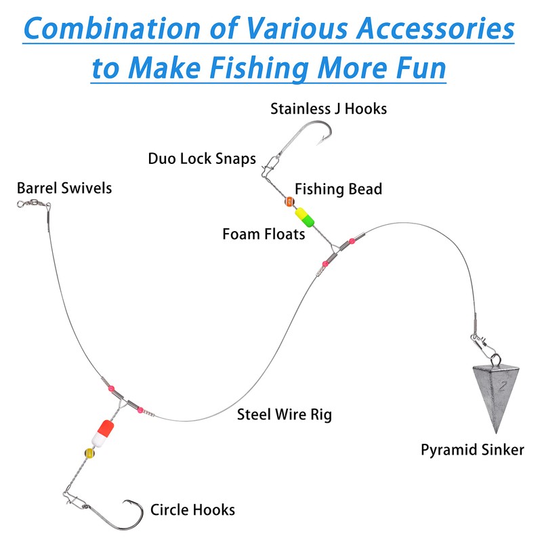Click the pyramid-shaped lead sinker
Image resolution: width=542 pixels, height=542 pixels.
pos(500,396)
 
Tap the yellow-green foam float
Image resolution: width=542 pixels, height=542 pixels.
pos(302,218)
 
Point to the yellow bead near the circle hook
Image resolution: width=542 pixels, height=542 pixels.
pos(89,453)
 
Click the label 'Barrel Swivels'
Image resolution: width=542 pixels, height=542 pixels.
pos(64,188)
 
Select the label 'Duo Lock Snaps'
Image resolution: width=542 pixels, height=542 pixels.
pos(202,159)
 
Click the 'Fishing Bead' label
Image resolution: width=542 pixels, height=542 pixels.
pos(338,188)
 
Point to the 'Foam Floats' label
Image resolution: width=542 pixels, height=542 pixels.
pos(264,234)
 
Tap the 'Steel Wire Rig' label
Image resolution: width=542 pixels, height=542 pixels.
pos(284,414)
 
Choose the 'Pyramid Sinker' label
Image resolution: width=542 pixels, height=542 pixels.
pos(472,449)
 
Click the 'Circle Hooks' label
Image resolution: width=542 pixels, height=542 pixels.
pos(193,509)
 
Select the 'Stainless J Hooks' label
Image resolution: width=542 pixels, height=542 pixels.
pos(329,108)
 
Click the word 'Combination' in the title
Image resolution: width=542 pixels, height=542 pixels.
pos(123,29)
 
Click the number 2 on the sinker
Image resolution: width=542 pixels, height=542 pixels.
pos(502,388)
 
